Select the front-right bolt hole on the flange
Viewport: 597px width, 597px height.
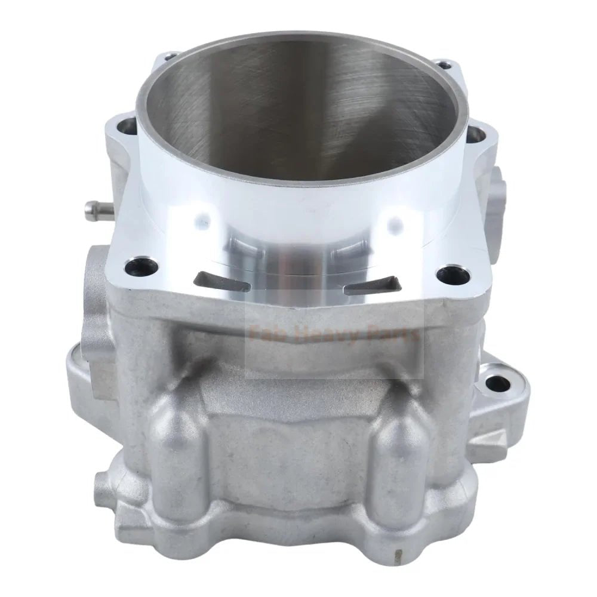[447, 276]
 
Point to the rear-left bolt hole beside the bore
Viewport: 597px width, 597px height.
[127, 126]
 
